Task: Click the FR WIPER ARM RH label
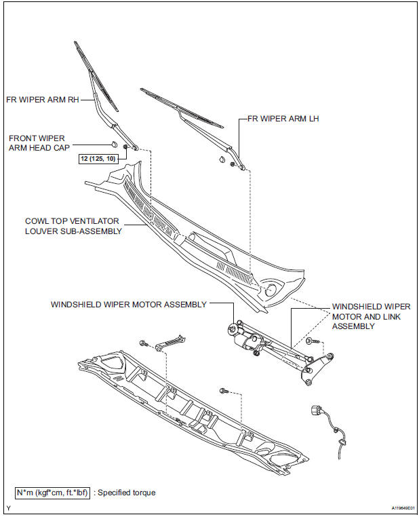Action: (42, 99)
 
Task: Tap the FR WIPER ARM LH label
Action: (283, 118)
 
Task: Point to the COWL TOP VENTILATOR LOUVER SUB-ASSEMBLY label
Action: (73, 226)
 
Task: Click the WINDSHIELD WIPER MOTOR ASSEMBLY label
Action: (128, 305)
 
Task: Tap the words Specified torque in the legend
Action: (126, 492)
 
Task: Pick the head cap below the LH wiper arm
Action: (222, 160)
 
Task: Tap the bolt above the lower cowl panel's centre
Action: (223, 391)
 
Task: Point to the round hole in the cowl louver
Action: (271, 290)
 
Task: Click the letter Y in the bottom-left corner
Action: (7, 508)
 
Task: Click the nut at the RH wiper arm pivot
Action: (125, 147)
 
